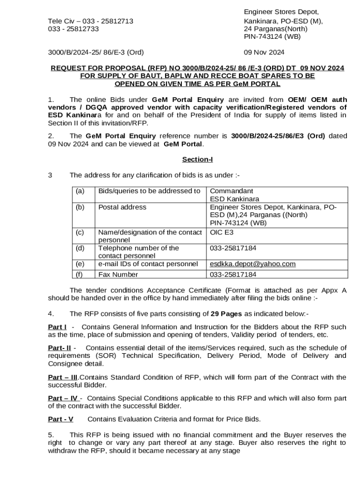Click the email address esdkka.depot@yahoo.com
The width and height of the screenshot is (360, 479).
pos(252,264)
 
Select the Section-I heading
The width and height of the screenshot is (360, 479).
pos(197,160)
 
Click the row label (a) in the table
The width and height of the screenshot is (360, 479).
pos(80,191)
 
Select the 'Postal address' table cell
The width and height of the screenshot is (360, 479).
pos(122,207)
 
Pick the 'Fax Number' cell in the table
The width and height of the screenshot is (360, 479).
pos(118,275)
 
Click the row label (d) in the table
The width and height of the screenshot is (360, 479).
pos(80,248)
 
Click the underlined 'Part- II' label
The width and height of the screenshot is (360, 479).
pos(59,348)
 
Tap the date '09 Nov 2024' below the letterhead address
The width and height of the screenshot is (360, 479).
pos(264,52)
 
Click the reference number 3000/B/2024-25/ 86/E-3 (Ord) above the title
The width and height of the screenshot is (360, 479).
pos(96,52)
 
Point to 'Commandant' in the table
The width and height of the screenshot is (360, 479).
pos(231,191)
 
